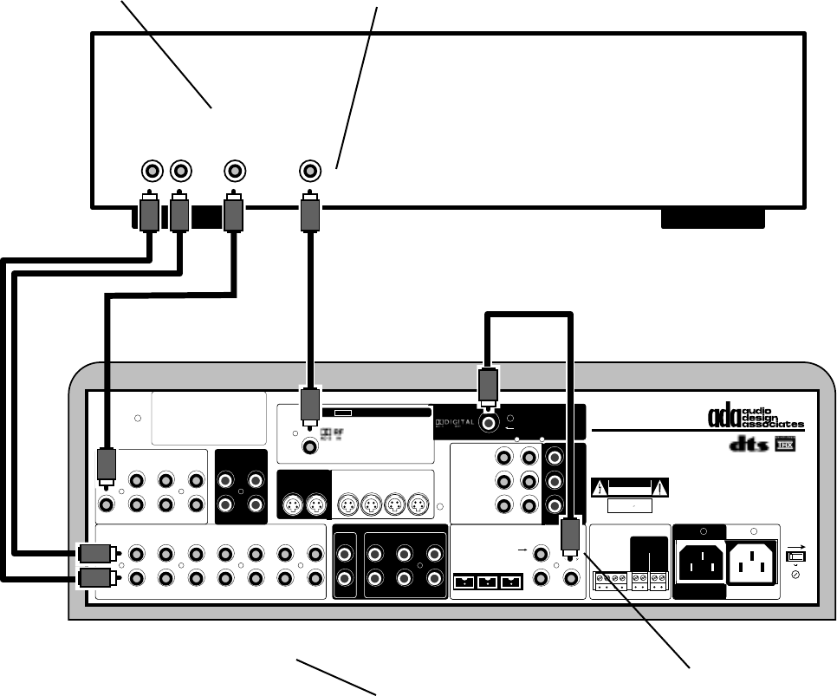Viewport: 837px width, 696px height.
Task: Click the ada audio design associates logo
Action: pos(756,418)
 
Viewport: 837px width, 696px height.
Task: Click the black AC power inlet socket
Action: pos(699,564)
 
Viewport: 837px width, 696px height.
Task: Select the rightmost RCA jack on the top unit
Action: pos(309,169)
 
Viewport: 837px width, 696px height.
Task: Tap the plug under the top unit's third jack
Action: pos(234,213)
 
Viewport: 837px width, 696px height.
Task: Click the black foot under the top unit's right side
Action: pos(712,218)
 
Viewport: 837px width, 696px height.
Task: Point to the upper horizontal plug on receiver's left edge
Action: pos(94,553)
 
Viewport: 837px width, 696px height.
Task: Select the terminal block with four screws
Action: pos(606,580)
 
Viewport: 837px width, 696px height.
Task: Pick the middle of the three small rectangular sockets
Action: pos(489,582)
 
